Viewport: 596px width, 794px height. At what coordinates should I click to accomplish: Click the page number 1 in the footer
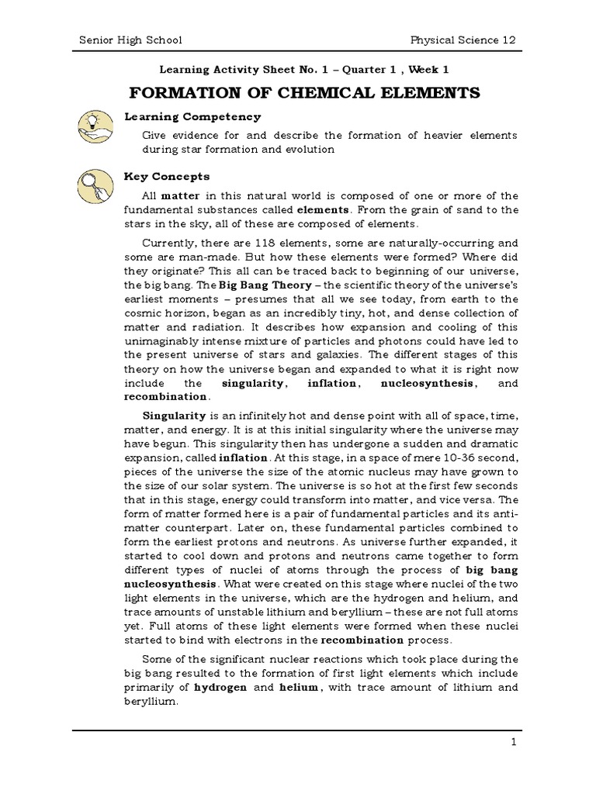514,742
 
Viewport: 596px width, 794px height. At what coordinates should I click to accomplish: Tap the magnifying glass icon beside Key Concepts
95,186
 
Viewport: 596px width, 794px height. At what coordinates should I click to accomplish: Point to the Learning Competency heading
193,117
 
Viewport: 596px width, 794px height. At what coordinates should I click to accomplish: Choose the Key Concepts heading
168,177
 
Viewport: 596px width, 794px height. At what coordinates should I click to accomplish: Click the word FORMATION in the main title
181,94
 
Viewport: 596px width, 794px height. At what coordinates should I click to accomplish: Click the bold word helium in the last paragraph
297,689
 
